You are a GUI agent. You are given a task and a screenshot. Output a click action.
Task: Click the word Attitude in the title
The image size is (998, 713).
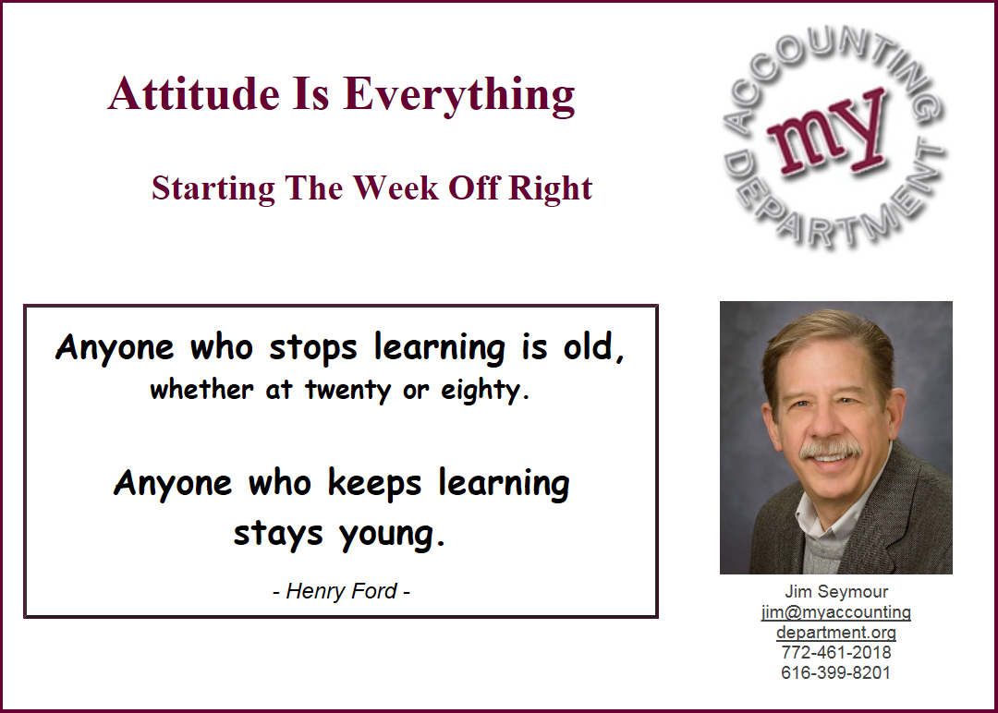coord(193,93)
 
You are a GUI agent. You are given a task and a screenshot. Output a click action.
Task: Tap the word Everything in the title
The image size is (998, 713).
coord(459,96)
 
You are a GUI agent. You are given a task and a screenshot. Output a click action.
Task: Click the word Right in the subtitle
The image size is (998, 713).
coord(551,189)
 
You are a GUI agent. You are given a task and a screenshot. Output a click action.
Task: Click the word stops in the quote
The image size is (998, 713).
coord(313,348)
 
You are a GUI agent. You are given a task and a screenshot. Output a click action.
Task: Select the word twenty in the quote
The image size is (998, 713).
coord(347,390)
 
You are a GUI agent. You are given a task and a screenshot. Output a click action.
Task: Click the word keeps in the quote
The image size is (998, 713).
coord(374,483)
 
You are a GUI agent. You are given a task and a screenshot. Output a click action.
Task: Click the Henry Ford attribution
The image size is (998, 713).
coord(341,591)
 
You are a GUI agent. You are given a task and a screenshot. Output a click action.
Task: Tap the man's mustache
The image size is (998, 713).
coord(830,450)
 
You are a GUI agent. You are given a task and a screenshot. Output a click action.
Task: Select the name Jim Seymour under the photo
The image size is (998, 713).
coord(836,591)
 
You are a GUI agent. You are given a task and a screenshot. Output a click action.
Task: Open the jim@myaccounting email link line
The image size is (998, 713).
coord(836,612)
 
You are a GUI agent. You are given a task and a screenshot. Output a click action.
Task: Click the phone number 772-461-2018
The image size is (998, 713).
coord(836,652)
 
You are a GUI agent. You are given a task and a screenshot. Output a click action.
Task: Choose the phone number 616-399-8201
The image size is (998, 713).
coord(836,672)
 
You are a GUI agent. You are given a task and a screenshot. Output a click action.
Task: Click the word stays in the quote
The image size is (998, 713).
coord(278,534)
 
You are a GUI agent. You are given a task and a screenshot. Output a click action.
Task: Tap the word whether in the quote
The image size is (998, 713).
coord(201,389)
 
